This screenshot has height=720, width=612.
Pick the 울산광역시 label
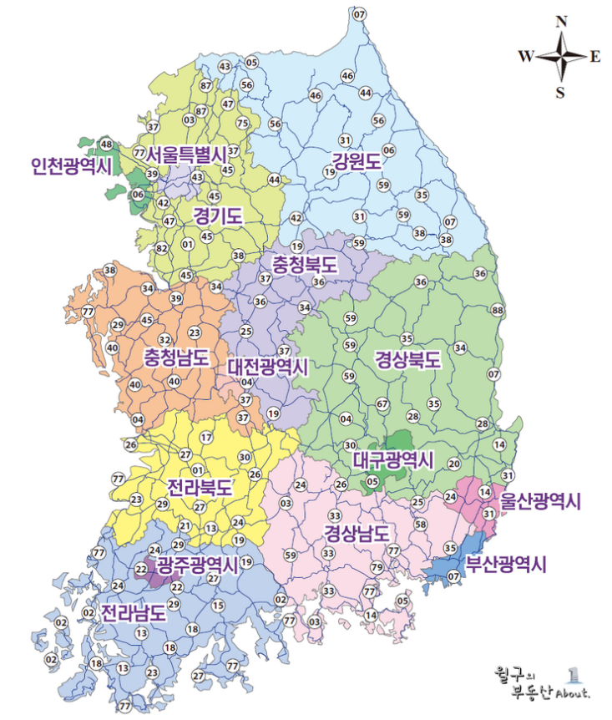pos(540,501)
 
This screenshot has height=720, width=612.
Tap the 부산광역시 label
pos(506,564)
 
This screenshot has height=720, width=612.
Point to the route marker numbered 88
pos(498,311)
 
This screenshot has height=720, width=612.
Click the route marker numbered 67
pos(382,404)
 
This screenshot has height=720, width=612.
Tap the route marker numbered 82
pos(162,248)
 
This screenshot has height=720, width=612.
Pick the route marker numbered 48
pos(106,145)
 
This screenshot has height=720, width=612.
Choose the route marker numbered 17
pos(206,438)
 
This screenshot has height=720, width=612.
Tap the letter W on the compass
pos(526,57)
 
